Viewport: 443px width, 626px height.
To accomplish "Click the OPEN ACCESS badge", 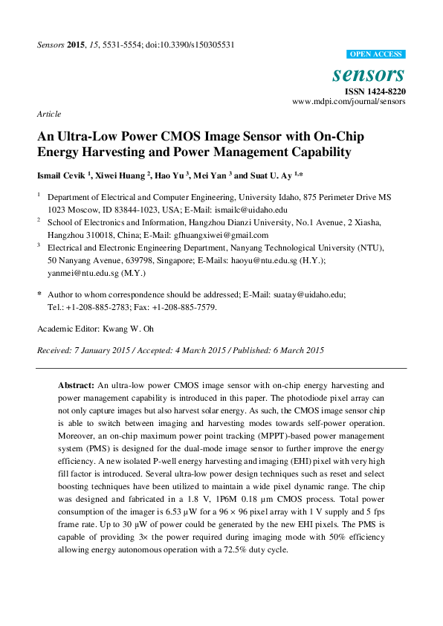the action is coord(376,54).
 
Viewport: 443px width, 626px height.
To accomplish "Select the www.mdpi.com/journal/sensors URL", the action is coord(349,100).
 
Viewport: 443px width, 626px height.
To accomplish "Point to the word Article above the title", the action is coord(48,114).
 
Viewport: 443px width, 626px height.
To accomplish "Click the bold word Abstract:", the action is coord(77,385).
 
